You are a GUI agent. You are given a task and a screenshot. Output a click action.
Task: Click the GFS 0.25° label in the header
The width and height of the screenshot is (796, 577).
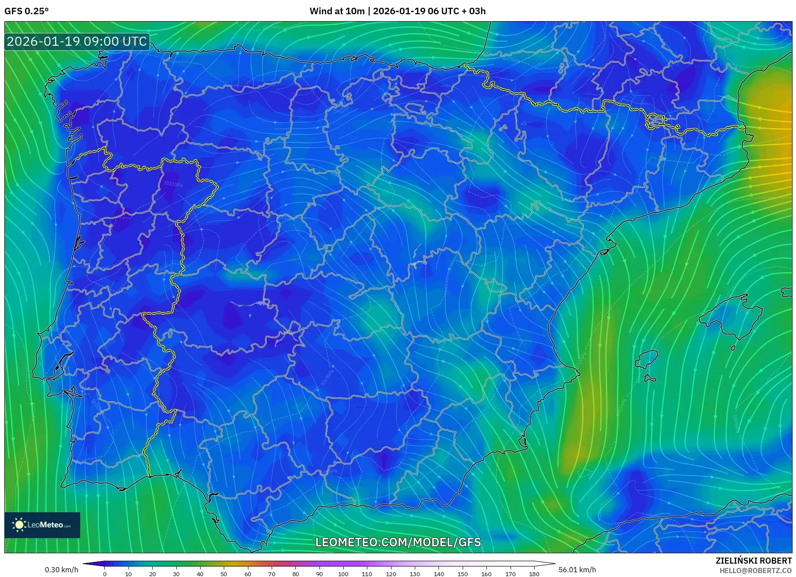click(26, 11)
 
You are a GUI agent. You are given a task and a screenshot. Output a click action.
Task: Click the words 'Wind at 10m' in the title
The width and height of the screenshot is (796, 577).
click(337, 11)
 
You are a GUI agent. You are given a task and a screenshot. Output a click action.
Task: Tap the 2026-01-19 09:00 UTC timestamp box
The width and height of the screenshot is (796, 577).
click(77, 42)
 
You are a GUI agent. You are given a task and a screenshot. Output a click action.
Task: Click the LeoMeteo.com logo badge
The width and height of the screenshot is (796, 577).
click(42, 525)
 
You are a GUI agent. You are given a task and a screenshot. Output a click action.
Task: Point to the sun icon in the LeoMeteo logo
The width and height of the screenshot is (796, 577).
click(19, 525)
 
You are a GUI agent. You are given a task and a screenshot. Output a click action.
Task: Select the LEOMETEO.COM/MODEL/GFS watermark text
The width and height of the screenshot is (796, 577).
click(398, 542)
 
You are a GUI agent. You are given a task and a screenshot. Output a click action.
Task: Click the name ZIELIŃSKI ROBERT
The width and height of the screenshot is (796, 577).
click(753, 561)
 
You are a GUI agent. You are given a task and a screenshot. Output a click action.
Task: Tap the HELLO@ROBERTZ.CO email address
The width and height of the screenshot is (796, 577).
click(755, 570)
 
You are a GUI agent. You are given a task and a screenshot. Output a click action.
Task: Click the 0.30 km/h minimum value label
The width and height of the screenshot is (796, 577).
click(61, 570)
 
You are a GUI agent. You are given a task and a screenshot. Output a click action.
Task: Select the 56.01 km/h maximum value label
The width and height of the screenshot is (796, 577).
click(577, 570)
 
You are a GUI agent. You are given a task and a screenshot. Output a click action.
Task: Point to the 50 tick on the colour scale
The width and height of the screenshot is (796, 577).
click(224, 574)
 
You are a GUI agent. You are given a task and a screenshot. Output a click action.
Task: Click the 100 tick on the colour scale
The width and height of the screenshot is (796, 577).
click(343, 574)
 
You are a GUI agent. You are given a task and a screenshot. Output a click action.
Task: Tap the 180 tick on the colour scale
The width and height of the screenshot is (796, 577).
click(534, 574)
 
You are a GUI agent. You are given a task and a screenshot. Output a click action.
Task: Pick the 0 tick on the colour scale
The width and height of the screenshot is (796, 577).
click(104, 574)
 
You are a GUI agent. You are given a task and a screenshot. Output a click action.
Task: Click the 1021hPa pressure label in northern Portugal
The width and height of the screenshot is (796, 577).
click(173, 184)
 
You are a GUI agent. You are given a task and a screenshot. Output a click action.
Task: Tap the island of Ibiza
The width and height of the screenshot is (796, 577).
click(647, 359)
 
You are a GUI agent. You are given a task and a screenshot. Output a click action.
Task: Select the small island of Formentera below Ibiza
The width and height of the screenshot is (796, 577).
click(650, 378)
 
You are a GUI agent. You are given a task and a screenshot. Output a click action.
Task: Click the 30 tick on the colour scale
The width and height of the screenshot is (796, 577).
click(176, 574)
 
